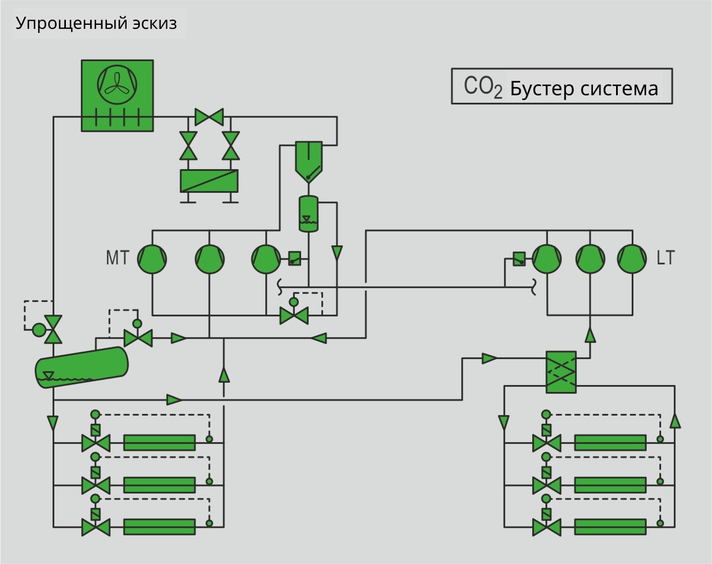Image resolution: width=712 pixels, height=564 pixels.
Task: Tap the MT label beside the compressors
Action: [x=117, y=258]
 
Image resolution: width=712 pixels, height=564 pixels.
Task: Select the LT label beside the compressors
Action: [x=665, y=258]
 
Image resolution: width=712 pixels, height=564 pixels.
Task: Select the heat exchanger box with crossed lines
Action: [x=561, y=372]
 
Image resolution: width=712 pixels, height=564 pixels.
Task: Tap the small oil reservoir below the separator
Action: [x=309, y=214]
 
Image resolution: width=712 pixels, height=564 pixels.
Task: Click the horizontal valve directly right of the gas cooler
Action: [x=209, y=117]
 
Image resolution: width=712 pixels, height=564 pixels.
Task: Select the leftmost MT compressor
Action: [x=152, y=259]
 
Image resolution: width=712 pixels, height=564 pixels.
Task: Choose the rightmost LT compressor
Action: [x=632, y=259]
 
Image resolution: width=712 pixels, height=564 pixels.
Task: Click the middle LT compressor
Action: [x=590, y=259]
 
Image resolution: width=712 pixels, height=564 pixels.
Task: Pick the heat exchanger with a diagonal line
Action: [x=209, y=181]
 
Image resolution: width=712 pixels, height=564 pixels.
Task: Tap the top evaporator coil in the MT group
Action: [x=160, y=443]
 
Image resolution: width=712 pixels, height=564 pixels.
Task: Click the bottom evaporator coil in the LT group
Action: [x=610, y=527]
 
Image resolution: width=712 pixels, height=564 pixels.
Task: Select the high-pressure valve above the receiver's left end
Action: [x=53, y=329]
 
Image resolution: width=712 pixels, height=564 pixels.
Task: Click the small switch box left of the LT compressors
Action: [x=519, y=259]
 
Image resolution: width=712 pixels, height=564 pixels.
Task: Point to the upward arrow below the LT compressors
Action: [x=590, y=334]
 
